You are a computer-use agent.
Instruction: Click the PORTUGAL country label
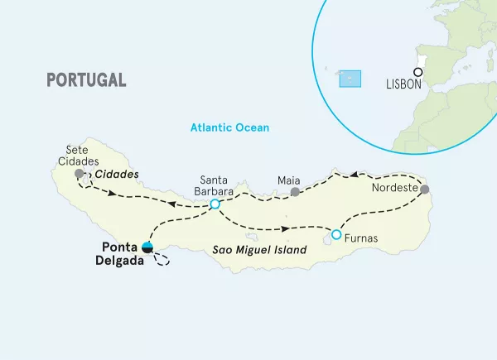pyautogui.click(x=87, y=79)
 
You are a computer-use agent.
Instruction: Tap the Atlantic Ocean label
pyautogui.click(x=229, y=128)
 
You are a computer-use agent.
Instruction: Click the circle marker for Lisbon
pyautogui.click(x=418, y=72)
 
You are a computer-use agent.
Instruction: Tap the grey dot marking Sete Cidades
pyautogui.click(x=79, y=175)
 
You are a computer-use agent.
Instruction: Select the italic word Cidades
pyautogui.click(x=116, y=175)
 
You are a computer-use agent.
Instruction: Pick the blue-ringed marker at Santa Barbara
pyautogui.click(x=215, y=204)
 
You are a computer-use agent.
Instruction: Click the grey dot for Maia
pyautogui.click(x=294, y=192)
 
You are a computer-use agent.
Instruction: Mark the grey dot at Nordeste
pyautogui.click(x=425, y=190)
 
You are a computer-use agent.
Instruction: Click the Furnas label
pyautogui.click(x=360, y=239)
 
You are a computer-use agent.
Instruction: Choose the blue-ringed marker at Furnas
pyautogui.click(x=335, y=235)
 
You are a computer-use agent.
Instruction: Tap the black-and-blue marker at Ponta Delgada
pyautogui.click(x=147, y=246)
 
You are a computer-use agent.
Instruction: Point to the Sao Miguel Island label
pyautogui.click(x=249, y=248)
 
